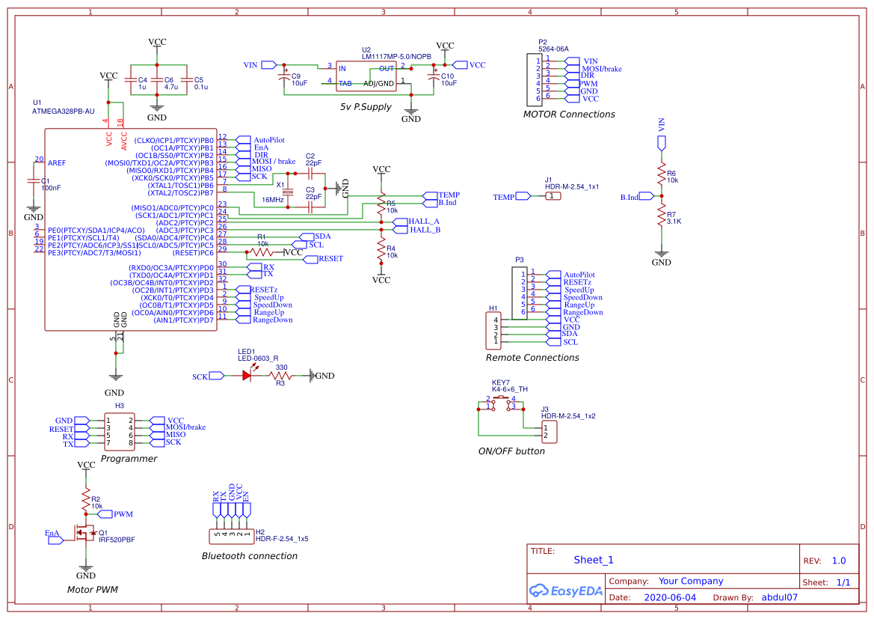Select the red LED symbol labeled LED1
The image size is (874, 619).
[247, 376]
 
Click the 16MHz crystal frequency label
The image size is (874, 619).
[272, 200]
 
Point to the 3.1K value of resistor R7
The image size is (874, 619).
[674, 222]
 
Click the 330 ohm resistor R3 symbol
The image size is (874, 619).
[281, 376]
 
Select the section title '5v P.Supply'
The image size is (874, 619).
[366, 107]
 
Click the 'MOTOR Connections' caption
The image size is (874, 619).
[569, 115]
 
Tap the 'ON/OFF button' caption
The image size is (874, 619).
[511, 451]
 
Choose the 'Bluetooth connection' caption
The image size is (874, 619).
[250, 556]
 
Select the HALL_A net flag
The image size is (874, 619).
[425, 222]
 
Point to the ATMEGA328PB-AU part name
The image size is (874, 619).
[63, 111]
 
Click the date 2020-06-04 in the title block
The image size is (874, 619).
[669, 598]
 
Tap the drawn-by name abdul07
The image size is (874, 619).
[779, 598]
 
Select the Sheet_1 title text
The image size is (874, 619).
[594, 560]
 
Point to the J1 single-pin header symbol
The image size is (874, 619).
[552, 196]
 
